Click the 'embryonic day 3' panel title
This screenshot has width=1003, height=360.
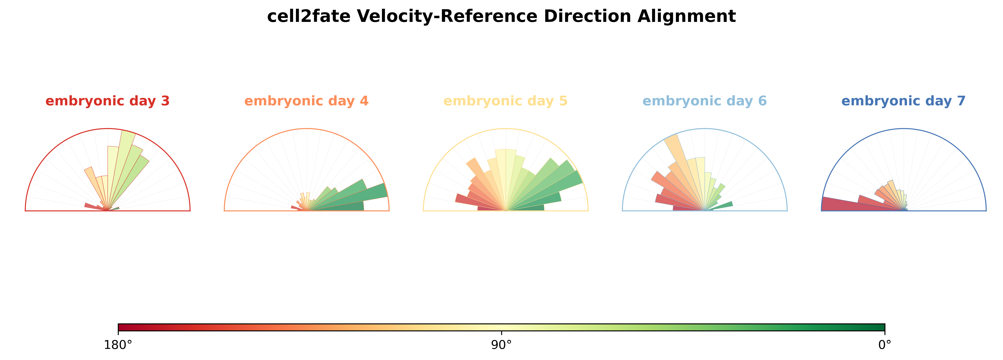click(108, 101)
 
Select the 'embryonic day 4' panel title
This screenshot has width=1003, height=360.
click(306, 101)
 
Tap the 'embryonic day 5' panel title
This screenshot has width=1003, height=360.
click(505, 101)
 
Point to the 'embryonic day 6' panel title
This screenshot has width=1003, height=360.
click(704, 101)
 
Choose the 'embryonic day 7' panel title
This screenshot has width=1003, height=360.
click(903, 101)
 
